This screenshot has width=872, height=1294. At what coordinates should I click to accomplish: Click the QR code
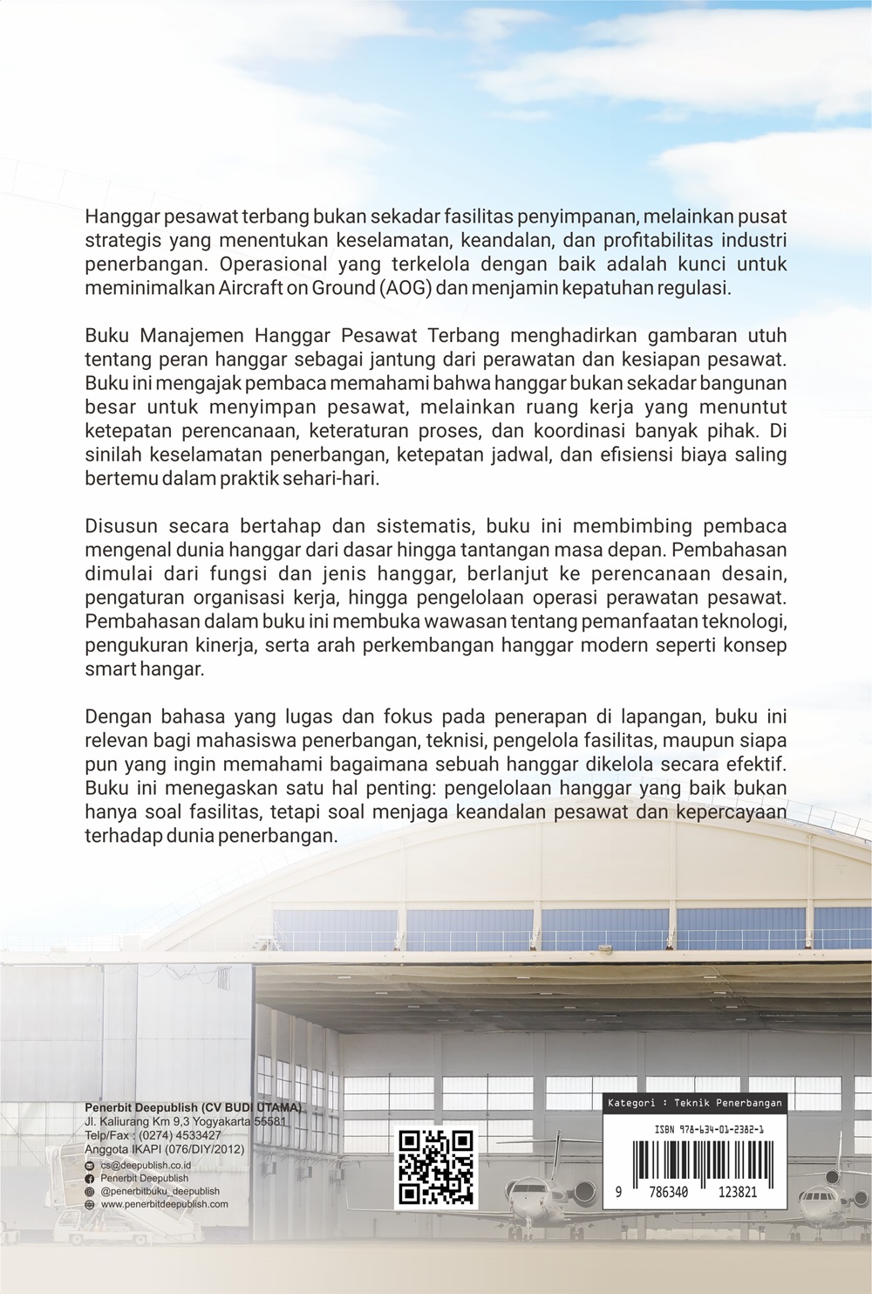pos(436,1168)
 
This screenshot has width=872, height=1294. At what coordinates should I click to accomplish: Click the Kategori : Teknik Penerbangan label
pos(694,1103)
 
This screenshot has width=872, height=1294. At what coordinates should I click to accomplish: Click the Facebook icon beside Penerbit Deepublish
pos(90,1178)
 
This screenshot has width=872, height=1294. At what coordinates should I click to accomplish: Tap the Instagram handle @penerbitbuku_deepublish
pos(160,1191)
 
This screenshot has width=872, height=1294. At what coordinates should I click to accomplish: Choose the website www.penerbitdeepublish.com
pos(165,1204)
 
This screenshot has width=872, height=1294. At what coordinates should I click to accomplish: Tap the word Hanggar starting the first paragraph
pos(119,215)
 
